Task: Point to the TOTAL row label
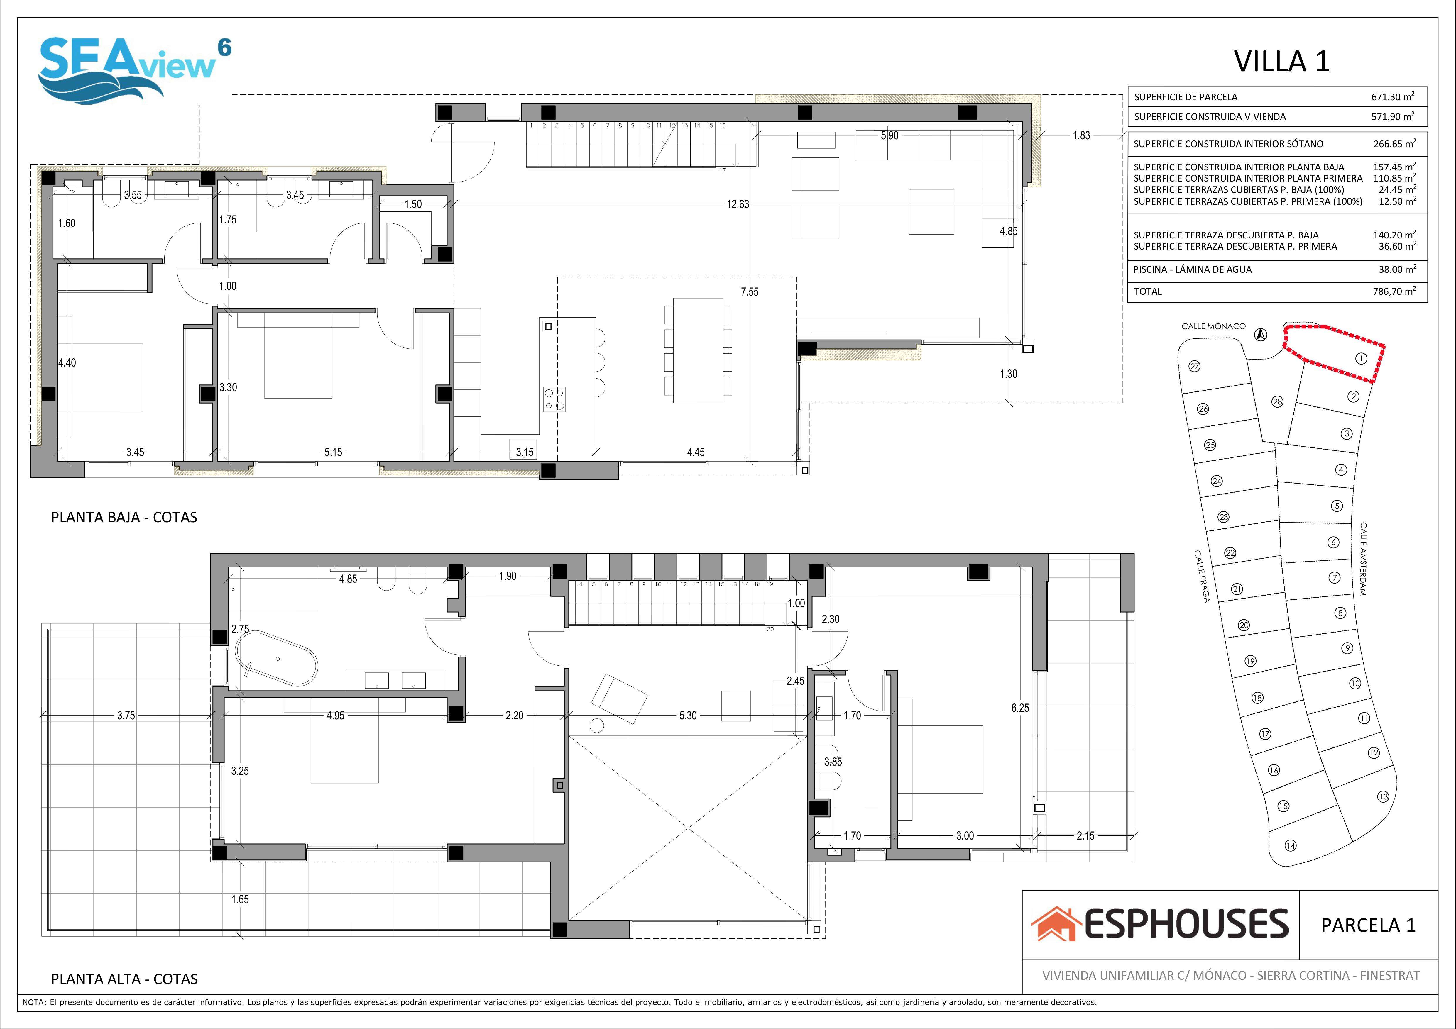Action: coord(1148,292)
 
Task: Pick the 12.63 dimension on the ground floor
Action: coord(738,204)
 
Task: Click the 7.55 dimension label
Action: coord(750,292)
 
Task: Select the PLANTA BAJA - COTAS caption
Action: coord(124,517)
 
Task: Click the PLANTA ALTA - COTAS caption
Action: coord(124,979)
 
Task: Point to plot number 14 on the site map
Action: coord(1291,845)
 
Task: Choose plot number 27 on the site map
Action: coord(1195,367)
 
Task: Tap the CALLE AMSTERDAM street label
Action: coord(1363,559)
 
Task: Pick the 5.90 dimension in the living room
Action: coord(890,135)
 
